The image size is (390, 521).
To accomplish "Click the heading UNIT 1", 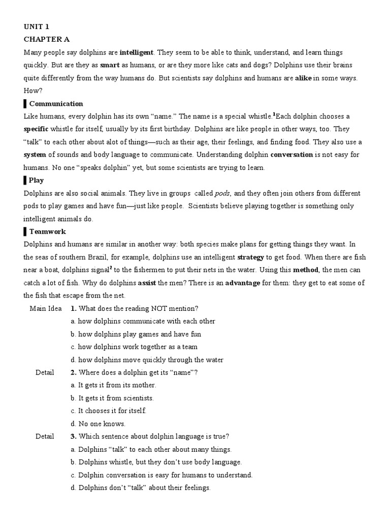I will tap(37, 27).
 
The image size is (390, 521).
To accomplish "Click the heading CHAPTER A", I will tap(47, 40).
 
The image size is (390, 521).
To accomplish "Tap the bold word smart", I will tap(110, 65).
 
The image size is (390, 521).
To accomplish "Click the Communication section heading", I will tap(56, 104).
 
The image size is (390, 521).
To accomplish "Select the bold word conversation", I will tap(291, 155).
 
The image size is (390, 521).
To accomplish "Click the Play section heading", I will tap(36, 180).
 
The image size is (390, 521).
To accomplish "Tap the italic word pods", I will tap(222, 193).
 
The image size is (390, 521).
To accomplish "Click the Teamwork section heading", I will tap(48, 231).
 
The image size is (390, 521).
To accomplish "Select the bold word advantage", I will tap(243, 282).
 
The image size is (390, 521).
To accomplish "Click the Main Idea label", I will tap(46, 308).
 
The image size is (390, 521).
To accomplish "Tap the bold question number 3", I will tap(74, 436).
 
